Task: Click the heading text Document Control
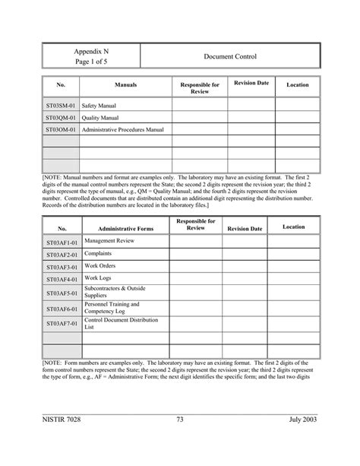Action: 230,56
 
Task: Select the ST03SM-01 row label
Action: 61,106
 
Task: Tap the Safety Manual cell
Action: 99,106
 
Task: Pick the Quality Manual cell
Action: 100,118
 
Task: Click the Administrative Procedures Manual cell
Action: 123,130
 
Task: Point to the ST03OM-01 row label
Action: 61,130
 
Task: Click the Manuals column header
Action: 125,85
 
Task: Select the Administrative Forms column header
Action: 125,228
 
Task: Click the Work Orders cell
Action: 100,267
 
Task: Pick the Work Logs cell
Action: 97,279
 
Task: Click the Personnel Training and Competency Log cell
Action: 112,307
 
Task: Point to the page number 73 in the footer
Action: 180,440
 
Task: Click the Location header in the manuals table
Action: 297,85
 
